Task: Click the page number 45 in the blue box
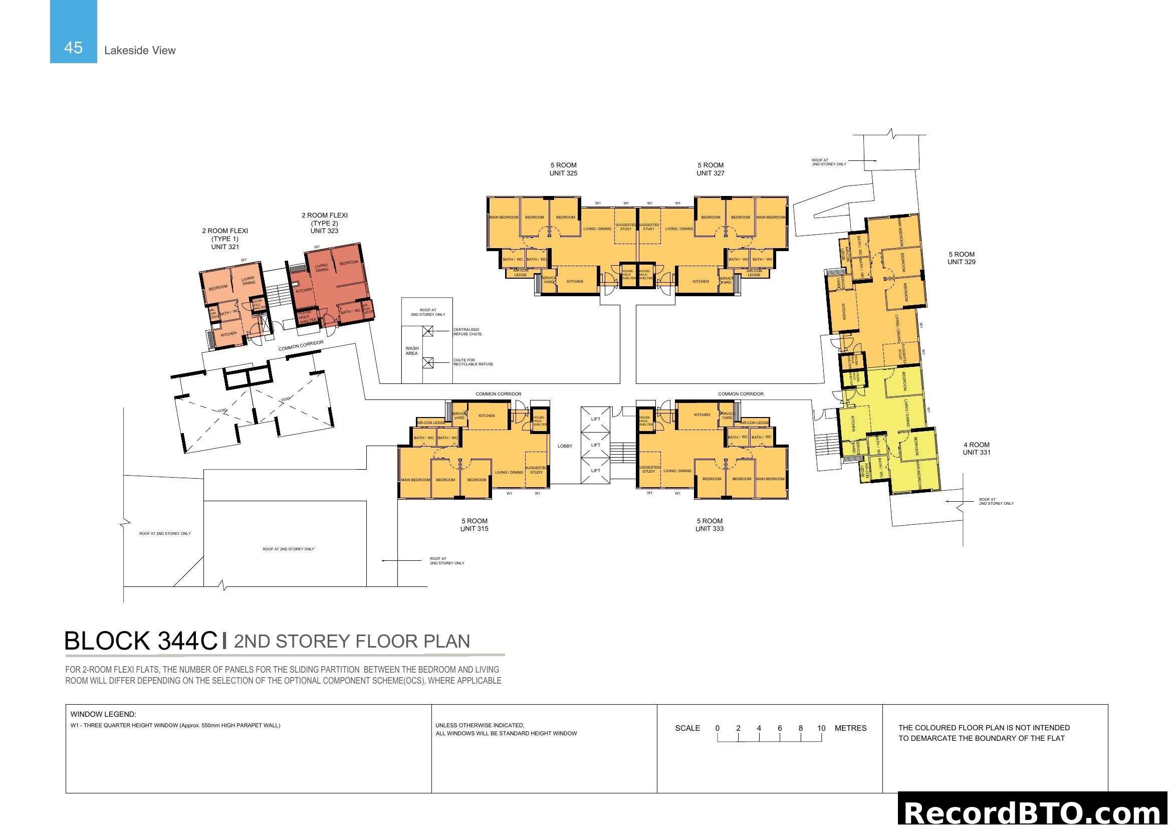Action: click(x=73, y=48)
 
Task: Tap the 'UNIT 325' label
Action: click(x=563, y=173)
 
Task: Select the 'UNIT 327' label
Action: click(x=710, y=173)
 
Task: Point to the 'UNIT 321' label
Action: click(x=225, y=247)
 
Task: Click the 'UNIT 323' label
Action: click(x=324, y=231)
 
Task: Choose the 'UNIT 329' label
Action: click(x=961, y=262)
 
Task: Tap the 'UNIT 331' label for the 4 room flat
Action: click(x=976, y=452)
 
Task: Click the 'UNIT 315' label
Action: click(x=474, y=528)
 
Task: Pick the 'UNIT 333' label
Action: click(x=709, y=528)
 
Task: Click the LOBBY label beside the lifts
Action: click(x=565, y=446)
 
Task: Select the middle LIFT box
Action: click(x=595, y=445)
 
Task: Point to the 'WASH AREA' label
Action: click(x=411, y=351)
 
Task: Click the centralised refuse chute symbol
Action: click(x=428, y=331)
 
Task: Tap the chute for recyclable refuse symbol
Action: click(x=428, y=363)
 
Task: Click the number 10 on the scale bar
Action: click(x=821, y=728)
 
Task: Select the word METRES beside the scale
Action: click(x=850, y=728)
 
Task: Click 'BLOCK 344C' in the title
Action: click(x=141, y=641)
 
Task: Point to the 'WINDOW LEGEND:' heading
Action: click(x=103, y=714)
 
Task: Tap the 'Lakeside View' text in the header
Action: click(x=139, y=50)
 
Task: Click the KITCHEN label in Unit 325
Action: click(x=575, y=281)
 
